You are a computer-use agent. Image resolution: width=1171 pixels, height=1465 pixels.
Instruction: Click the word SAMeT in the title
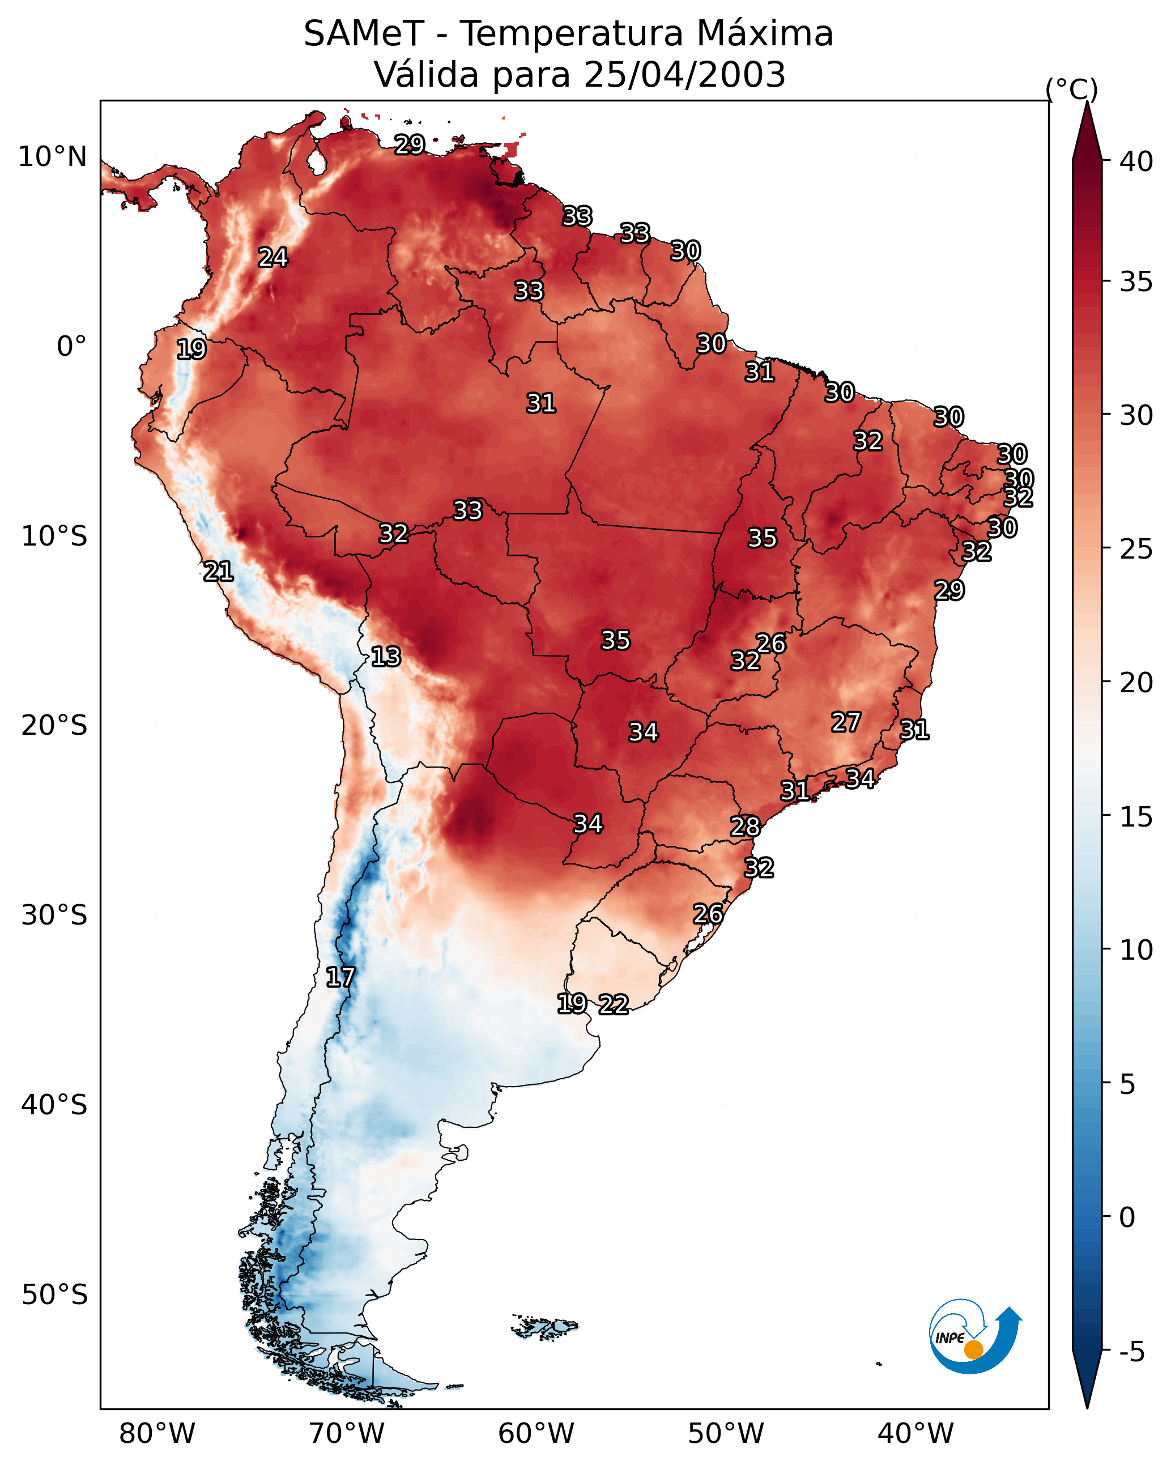click(364, 34)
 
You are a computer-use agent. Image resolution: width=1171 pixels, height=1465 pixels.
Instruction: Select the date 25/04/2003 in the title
click(684, 75)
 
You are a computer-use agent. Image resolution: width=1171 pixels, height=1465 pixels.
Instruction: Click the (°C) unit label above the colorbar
click(1072, 89)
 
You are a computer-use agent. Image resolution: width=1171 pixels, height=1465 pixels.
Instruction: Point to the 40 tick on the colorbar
click(1136, 161)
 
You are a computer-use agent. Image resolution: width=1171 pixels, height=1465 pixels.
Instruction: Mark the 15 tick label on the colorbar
click(1136, 817)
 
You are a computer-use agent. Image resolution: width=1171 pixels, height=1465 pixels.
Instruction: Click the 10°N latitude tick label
click(52, 157)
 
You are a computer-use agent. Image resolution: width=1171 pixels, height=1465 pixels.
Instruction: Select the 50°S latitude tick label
click(54, 1294)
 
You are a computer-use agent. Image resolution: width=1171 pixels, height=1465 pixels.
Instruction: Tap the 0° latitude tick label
click(71, 347)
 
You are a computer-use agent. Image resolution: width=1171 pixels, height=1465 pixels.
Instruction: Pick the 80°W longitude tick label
click(157, 1434)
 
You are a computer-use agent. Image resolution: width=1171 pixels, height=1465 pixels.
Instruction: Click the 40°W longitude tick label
click(915, 1434)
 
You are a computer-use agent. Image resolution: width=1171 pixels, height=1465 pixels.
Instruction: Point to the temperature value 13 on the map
click(386, 657)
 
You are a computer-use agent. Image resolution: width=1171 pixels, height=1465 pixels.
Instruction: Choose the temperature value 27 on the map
click(846, 722)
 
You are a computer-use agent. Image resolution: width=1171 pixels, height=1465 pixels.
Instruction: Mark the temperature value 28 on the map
click(746, 827)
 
